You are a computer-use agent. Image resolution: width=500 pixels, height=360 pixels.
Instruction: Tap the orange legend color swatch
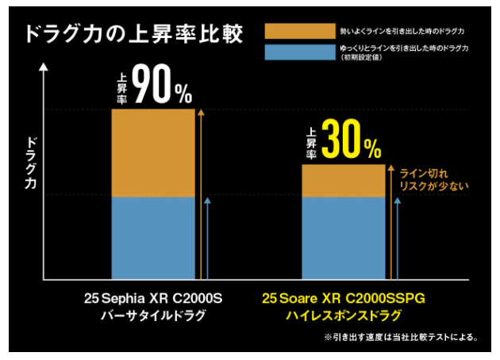point(294,31)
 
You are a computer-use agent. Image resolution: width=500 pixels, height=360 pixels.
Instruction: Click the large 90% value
point(163,86)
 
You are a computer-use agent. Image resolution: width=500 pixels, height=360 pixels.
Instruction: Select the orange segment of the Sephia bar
point(152,152)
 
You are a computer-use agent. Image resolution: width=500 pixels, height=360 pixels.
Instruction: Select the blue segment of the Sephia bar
point(152,238)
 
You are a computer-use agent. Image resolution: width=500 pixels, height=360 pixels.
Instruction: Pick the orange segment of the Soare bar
point(343,180)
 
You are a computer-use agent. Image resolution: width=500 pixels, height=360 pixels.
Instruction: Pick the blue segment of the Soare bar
point(343,238)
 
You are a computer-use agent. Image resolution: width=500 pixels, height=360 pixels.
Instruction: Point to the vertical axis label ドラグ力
point(31,163)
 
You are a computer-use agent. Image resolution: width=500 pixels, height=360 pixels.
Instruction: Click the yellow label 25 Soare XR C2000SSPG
point(344,300)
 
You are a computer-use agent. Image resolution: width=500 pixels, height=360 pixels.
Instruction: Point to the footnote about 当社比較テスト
point(401,337)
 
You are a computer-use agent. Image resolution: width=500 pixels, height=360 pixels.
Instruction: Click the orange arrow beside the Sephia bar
point(201,194)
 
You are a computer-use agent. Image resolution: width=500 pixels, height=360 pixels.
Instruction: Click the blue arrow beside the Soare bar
point(398,238)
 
